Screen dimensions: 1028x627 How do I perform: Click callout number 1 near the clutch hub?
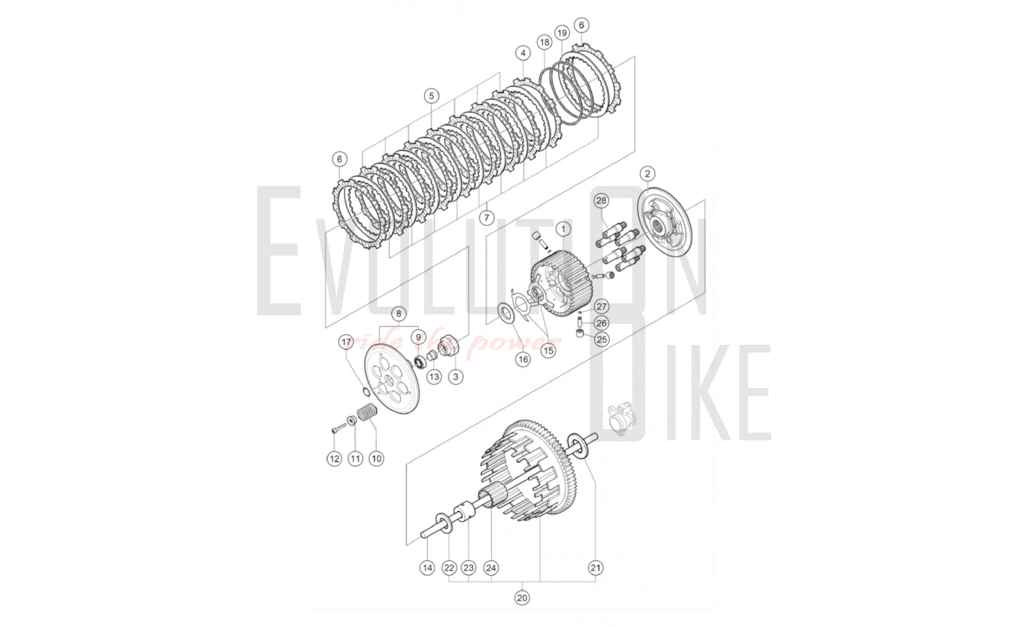tap(563, 229)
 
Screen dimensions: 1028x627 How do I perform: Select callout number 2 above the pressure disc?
tap(647, 174)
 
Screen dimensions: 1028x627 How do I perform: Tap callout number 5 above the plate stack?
tap(431, 96)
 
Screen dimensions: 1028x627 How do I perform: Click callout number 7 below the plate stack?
tap(487, 218)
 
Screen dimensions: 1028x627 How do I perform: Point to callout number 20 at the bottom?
tap(522, 598)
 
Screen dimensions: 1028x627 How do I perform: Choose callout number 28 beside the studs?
tap(601, 200)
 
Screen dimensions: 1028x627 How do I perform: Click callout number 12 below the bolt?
tap(334, 458)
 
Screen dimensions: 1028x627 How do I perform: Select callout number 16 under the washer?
tap(523, 359)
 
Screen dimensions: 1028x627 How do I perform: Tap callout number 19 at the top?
tap(562, 33)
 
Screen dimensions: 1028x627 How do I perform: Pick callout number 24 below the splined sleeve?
tap(491, 568)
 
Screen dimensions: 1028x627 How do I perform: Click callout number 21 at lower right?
tap(595, 568)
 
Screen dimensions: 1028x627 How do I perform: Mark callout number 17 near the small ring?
tap(346, 342)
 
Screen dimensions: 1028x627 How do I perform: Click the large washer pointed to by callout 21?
tap(578, 445)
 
